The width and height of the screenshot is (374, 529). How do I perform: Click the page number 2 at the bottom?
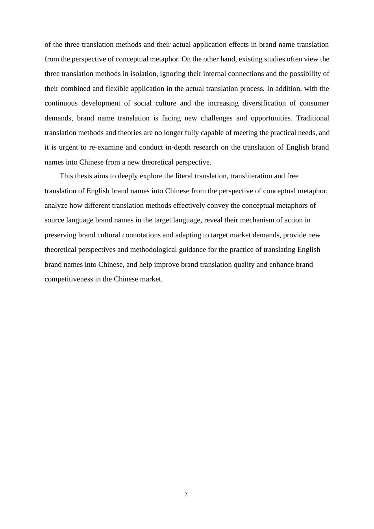(x=185, y=495)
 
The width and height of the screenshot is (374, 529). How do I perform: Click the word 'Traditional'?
(x=313, y=118)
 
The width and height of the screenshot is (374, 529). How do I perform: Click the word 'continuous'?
(x=61, y=104)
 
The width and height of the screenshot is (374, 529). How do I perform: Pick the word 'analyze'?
(x=56, y=205)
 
